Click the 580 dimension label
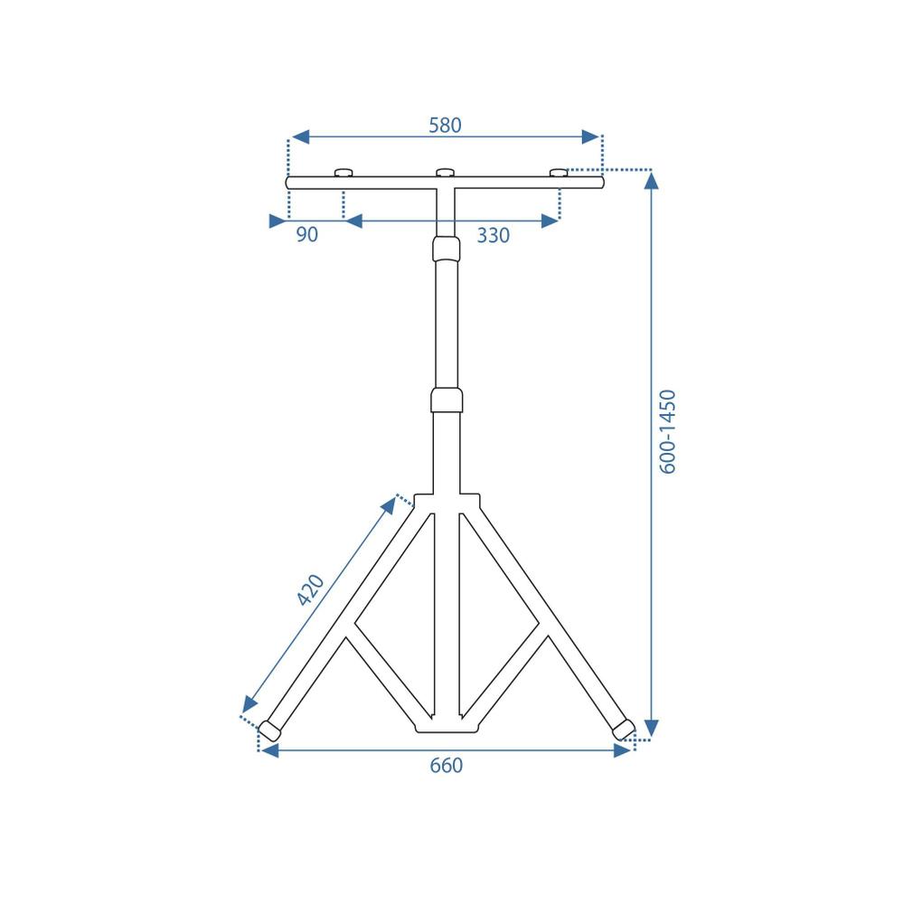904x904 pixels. (445, 126)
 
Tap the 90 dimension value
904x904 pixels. (307, 235)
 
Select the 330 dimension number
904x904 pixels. (494, 236)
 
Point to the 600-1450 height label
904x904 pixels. (668, 431)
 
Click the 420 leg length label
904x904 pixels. (310, 590)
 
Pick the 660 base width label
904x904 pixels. (446, 766)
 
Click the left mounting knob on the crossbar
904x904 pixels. (344, 173)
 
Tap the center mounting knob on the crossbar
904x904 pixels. (445, 173)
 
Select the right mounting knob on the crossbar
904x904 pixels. (560, 173)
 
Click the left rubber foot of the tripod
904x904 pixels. (269, 729)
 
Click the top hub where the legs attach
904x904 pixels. (446, 500)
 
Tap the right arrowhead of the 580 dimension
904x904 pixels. (590, 137)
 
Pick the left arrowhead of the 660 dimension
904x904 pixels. (269, 750)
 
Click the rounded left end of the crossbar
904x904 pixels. (290, 183)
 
